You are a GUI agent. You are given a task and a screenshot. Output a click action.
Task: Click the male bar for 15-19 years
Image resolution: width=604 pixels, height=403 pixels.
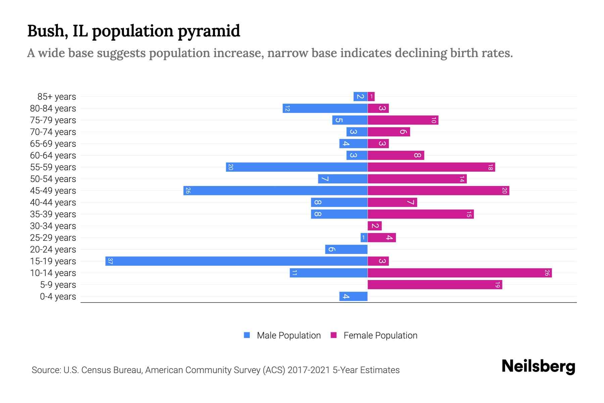[236, 261]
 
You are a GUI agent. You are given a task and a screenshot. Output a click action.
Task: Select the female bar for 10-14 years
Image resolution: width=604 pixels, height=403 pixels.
[459, 273]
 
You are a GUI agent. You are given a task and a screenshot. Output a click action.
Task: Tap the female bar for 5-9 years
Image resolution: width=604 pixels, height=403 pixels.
[435, 285]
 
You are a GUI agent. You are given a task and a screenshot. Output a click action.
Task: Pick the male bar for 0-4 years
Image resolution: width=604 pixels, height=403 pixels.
[353, 297]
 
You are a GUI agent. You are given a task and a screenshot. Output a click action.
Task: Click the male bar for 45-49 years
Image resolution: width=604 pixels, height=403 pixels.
[275, 190]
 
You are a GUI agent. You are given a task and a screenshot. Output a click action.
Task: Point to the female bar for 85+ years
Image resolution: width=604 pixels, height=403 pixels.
[371, 97]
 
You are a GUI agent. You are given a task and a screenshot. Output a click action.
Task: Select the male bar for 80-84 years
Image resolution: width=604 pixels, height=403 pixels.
[325, 108]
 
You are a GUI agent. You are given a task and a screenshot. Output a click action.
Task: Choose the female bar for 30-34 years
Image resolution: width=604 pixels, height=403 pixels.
[374, 226]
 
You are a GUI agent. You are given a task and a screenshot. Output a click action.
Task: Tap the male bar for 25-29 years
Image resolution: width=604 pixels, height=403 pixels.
[364, 238]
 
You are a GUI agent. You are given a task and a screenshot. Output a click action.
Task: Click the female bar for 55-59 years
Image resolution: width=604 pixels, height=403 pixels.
[431, 167]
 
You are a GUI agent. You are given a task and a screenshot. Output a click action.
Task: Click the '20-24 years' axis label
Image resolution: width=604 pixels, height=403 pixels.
[53, 250]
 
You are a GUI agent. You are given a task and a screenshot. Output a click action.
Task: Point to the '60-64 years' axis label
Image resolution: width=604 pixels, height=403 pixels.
[53, 155]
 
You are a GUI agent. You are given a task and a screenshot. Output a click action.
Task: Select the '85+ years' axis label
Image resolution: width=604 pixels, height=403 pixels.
[56, 97]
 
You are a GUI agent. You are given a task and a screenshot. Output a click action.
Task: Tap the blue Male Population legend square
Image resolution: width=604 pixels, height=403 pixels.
[247, 335]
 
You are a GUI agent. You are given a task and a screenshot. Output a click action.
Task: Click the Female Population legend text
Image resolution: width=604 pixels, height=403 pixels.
[380, 335]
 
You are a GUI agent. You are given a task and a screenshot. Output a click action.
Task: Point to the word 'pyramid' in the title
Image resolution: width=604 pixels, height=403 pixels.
[209, 31]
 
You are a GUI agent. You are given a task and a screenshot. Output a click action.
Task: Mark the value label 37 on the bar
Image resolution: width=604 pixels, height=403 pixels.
[110, 261]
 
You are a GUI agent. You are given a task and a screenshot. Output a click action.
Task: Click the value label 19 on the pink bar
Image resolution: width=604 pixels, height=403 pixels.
[497, 285]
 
